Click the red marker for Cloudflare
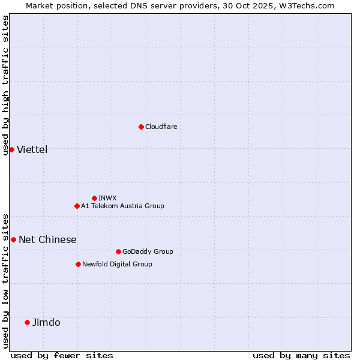coord(141,127)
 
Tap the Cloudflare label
coord(161,127)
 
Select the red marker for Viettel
coord(11,149)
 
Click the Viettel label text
coord(32,150)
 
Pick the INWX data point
coord(94,198)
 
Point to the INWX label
coord(107,198)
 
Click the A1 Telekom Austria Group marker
coord(77,206)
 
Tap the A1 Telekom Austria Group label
coord(122,206)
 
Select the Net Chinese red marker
coord(13,239)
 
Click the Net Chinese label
coord(47,240)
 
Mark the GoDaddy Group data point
coord(118,251)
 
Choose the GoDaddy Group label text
coord(147,251)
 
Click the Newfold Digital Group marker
coord(78,264)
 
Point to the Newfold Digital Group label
coord(117,264)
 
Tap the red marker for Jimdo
coord(27,322)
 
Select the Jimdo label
coord(46,323)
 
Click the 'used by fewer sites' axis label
coord(62,355)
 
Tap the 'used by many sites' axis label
coord(301,355)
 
